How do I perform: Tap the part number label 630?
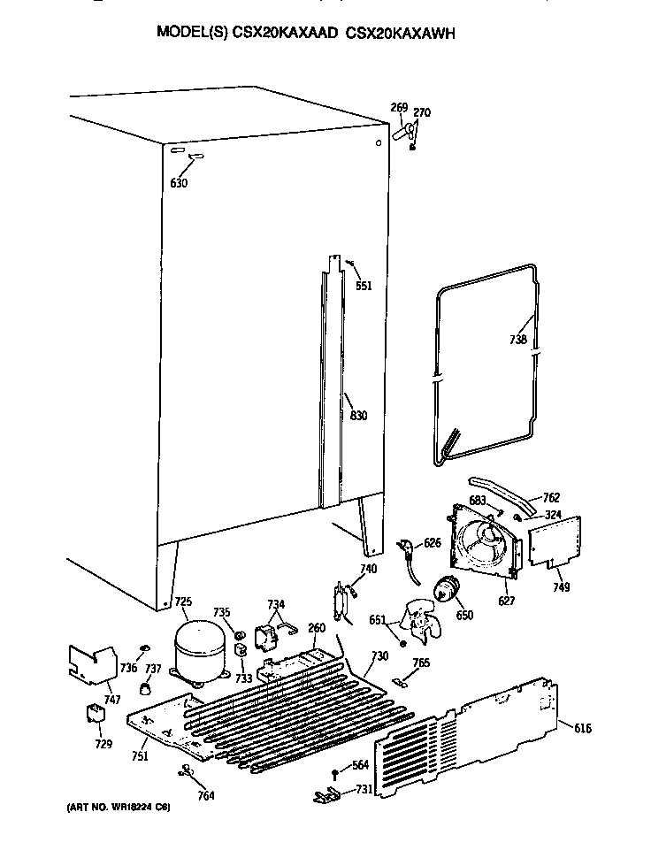pos(179,184)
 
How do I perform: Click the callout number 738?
pos(518,340)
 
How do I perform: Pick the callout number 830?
pos(357,416)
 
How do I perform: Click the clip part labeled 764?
pos(187,772)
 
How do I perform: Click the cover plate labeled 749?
pos(555,540)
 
